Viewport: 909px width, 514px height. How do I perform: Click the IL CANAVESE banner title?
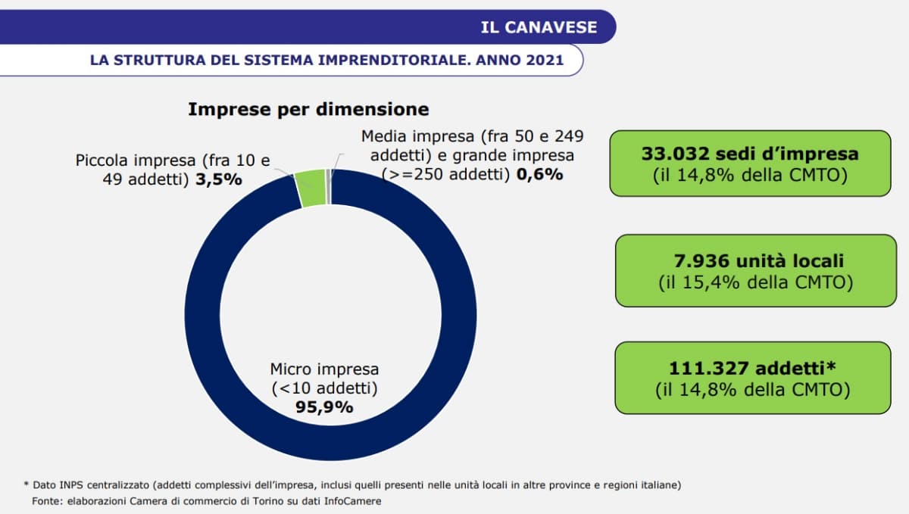tap(539, 28)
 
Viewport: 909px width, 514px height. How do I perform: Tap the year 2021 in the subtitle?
tap(544, 60)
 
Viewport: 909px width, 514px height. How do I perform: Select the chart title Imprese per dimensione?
tap(308, 109)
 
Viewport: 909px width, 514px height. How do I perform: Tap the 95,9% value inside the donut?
tap(324, 407)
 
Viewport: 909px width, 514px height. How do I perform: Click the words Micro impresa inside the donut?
tap(324, 369)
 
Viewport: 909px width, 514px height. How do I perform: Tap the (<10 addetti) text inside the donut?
tap(324, 388)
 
